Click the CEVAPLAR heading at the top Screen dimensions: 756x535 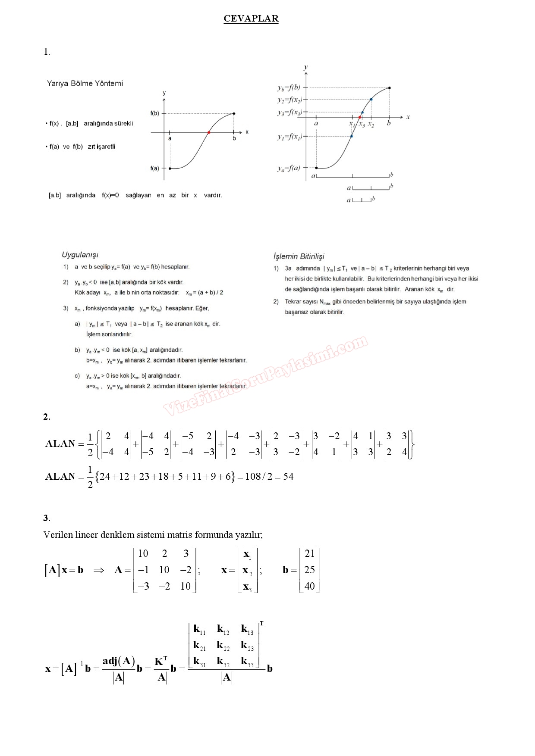pos(251,19)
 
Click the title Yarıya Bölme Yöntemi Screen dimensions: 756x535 pos(85,84)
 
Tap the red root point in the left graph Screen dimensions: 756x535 pos(209,132)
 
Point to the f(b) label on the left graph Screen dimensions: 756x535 pos(154,113)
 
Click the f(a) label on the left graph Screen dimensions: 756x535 pos(154,169)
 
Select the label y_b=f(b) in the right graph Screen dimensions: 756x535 pos(289,88)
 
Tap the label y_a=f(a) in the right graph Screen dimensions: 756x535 pos(289,168)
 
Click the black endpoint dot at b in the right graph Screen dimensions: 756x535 pos(390,88)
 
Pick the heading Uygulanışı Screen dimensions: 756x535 pos(80,255)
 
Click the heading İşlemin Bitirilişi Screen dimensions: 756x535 pos(299,256)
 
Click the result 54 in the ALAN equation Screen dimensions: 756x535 pos(288,477)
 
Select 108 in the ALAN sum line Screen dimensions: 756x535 pos(253,477)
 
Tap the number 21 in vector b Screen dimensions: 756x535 pos(310,553)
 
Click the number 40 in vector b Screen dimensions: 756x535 pos(310,586)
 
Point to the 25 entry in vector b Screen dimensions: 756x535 pos(310,570)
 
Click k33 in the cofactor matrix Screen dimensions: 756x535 pos(247,662)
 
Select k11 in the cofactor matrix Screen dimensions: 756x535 pos(199,630)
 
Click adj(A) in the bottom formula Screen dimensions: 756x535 pos(119,661)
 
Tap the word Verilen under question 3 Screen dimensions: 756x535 pos(58,535)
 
